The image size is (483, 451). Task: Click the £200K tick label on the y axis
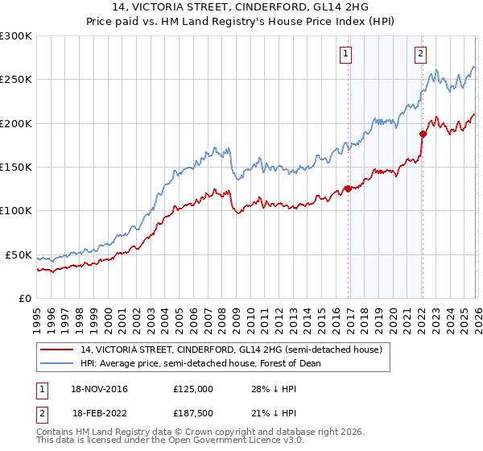click(x=16, y=123)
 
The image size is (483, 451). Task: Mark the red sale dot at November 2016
click(x=348, y=188)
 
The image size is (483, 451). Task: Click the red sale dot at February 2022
click(x=422, y=134)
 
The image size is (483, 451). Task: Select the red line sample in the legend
click(x=57, y=350)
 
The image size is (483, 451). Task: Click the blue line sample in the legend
click(x=57, y=363)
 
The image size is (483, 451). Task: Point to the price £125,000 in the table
click(x=193, y=388)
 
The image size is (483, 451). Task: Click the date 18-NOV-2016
click(x=100, y=388)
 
